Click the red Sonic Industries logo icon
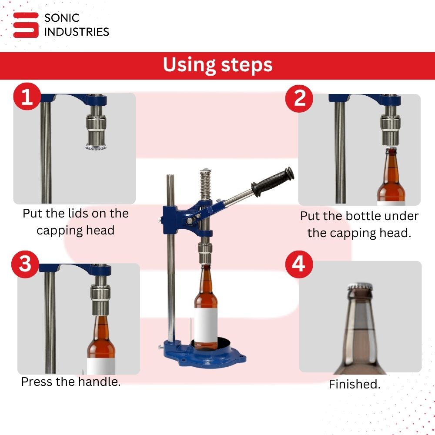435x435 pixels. pos(26,25)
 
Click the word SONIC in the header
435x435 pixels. pos(62,18)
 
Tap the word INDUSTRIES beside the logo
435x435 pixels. pos(77,32)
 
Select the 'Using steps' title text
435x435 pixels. pos(217,65)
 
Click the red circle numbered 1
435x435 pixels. pos(27,97)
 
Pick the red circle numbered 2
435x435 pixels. pos(299,98)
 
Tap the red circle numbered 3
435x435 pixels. pos(25,264)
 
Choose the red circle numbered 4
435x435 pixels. pos(299,264)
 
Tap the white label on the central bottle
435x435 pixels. pos(206,325)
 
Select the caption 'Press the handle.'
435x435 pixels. pos(71,382)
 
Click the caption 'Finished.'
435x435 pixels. pos(355,384)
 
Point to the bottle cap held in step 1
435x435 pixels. pos(96,147)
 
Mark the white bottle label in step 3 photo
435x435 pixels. pos(101,366)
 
